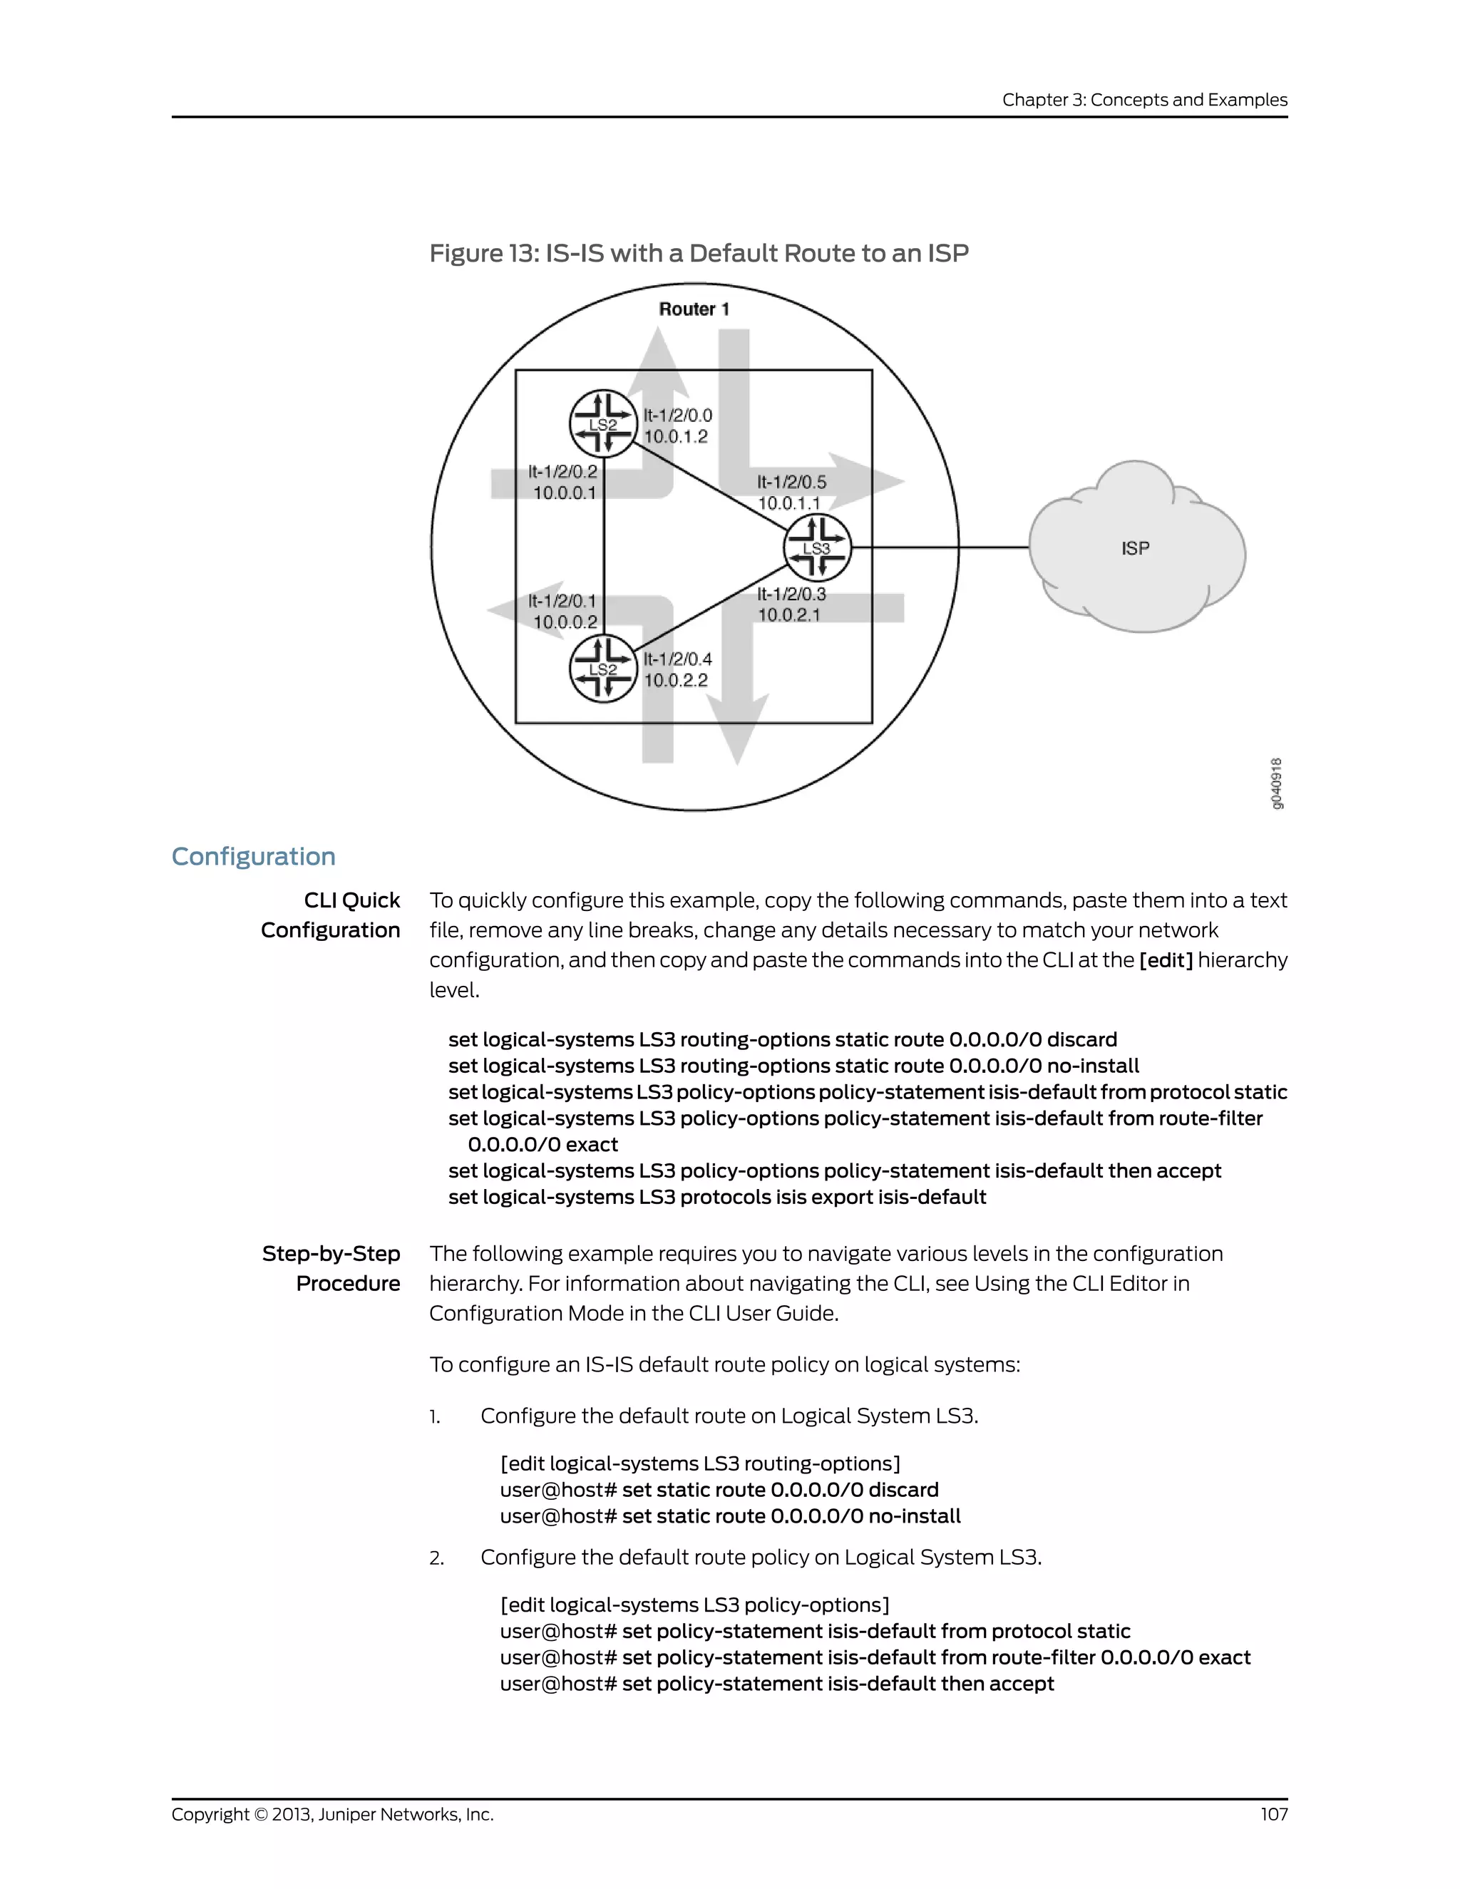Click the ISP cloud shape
pos(1135,547)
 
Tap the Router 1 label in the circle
pos(694,309)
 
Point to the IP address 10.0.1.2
pos(676,437)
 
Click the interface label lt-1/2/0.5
pos(791,482)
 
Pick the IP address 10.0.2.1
pos(789,615)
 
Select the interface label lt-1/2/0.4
pos(677,659)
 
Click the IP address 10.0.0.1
pos(564,493)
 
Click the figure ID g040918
pos(1277,783)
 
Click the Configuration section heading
pos(253,856)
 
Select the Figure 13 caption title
pos(699,254)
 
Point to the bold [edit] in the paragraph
pos(1165,960)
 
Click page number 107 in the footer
pos(1273,1813)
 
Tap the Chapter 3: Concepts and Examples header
pos(1144,100)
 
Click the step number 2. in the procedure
pos(437,1558)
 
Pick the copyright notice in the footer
pos(332,1813)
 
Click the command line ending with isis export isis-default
pos(717,1197)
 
